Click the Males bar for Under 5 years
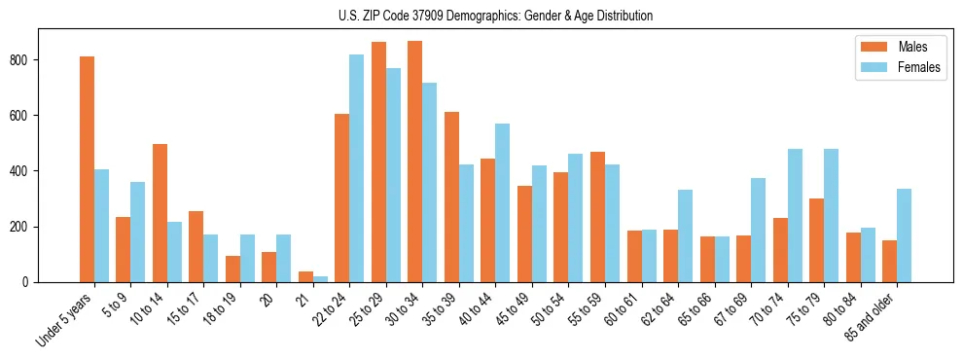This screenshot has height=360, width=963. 87,169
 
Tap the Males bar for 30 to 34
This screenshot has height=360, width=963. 414,162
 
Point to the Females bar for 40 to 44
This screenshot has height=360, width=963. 502,202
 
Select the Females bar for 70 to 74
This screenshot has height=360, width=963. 794,215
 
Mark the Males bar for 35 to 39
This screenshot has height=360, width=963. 451,197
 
